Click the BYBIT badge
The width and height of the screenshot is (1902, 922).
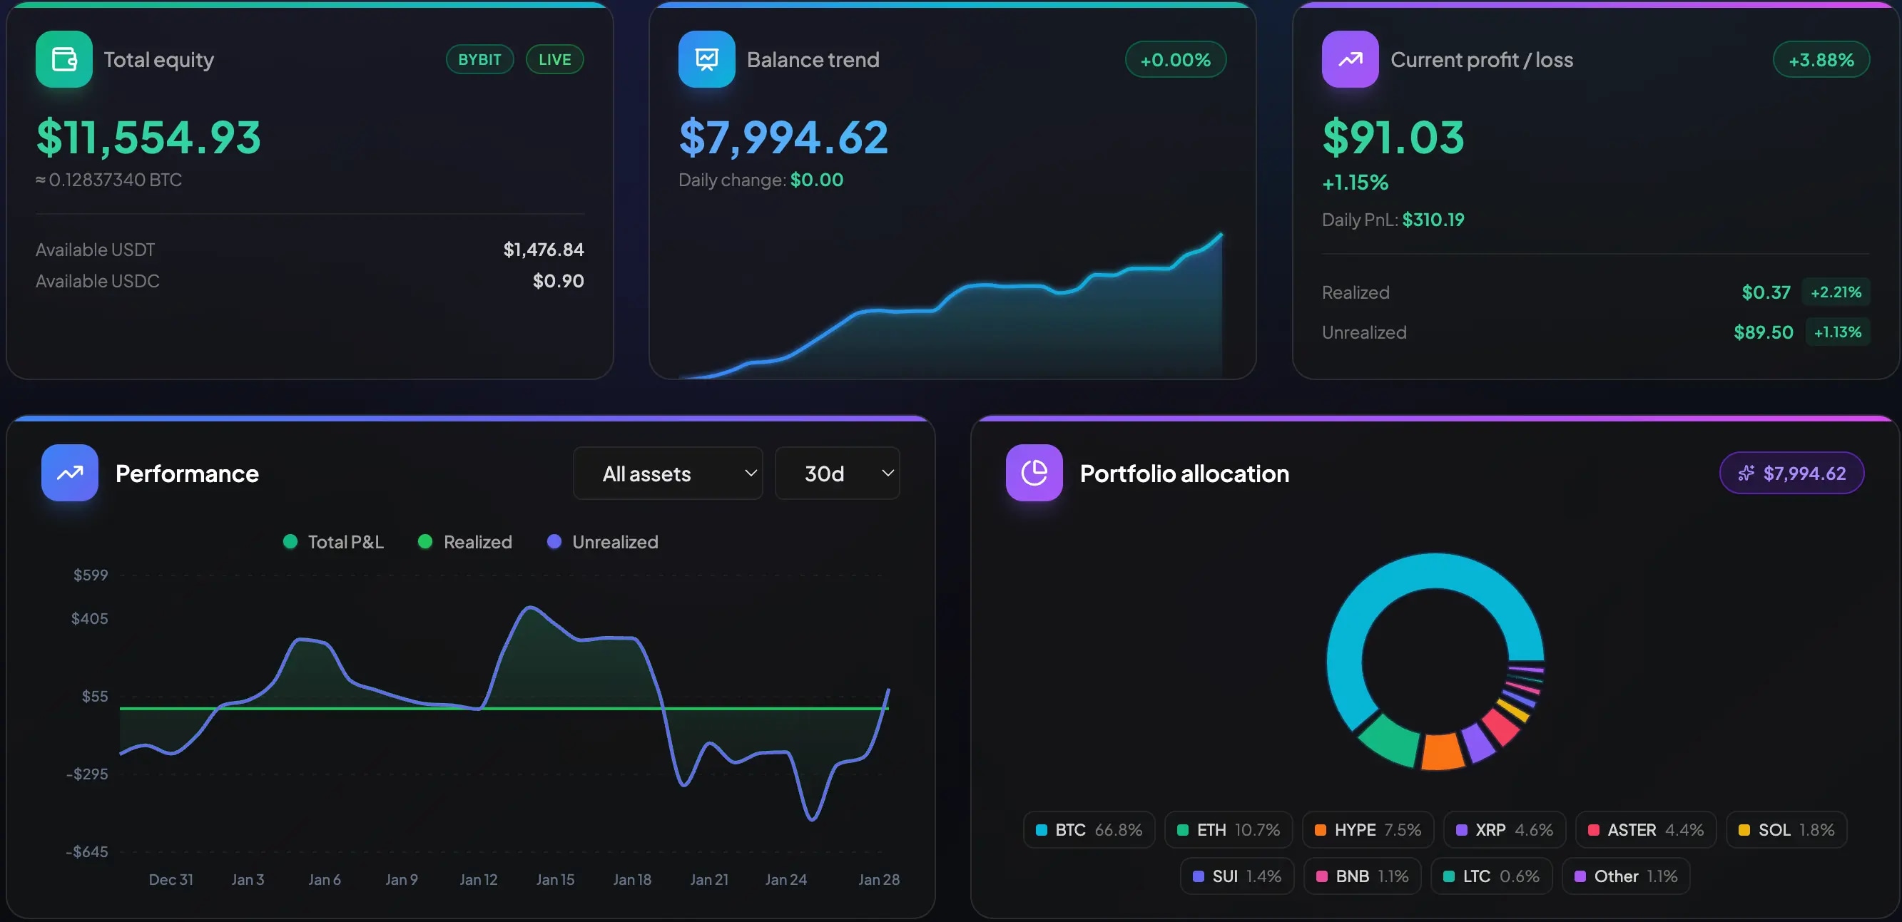point(479,60)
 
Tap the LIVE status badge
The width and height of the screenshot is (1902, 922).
point(554,60)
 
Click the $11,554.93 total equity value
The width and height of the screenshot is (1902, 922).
point(148,138)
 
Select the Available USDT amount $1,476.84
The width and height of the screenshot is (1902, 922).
point(544,250)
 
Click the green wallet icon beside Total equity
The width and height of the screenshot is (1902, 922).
point(63,59)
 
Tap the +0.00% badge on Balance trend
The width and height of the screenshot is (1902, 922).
point(1175,60)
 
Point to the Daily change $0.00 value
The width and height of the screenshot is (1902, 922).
point(816,180)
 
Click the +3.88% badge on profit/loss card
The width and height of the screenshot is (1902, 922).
point(1821,60)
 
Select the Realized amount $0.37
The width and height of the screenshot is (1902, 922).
point(1766,292)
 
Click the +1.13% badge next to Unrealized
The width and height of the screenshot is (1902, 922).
point(1837,332)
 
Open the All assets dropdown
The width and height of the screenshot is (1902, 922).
point(668,473)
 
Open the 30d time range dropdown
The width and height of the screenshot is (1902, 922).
point(838,473)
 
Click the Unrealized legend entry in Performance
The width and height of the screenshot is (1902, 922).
point(603,542)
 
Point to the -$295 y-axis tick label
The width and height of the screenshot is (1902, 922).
point(87,774)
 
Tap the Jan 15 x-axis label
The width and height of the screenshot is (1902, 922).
point(555,879)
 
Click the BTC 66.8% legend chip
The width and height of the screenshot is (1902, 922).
point(1088,830)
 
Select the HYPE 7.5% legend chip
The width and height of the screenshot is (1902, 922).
point(1368,830)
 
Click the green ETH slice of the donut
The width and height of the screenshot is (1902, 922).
point(1388,742)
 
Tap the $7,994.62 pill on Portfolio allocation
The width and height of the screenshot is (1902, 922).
point(1791,473)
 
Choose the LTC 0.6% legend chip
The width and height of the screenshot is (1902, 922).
point(1491,876)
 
